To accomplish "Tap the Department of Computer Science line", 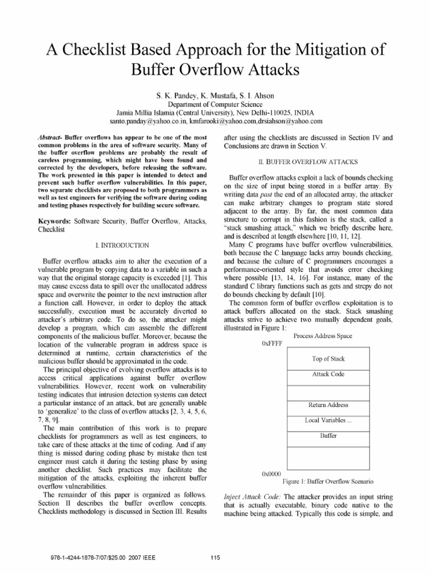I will pos(214,104).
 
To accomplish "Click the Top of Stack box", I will pos(328,359).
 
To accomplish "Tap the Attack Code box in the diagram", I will pos(328,374).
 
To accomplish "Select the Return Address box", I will pos(328,405).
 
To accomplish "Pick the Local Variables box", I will pos(328,420).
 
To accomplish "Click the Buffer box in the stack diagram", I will pos(328,436).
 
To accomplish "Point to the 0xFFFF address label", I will pos(272,342).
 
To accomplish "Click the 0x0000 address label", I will pos(271,474).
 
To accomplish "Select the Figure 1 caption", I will pos(328,481).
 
